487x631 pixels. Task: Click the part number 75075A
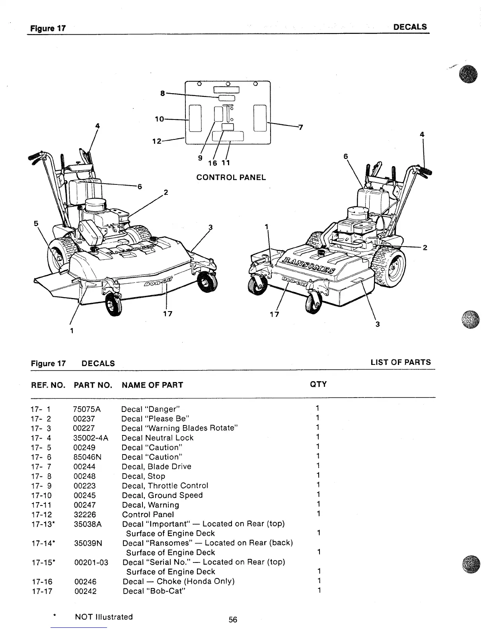click(x=87, y=409)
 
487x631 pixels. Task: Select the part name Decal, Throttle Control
click(x=165, y=486)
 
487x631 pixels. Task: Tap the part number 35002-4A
click(x=91, y=438)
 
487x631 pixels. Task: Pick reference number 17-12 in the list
click(x=41, y=514)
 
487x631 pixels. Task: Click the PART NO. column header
click(x=93, y=385)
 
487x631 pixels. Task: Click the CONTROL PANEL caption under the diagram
click(x=231, y=177)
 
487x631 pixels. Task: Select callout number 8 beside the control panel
click(x=162, y=93)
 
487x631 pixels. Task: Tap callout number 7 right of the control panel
click(x=301, y=127)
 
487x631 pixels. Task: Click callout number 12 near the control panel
click(x=157, y=141)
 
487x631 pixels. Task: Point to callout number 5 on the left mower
click(x=36, y=223)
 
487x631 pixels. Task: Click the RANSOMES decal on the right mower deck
click(x=309, y=265)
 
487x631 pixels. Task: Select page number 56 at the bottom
click(x=233, y=620)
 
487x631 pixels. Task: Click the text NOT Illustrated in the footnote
click(x=104, y=617)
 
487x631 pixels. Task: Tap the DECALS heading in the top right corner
click(x=410, y=27)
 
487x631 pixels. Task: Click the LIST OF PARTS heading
click(x=401, y=362)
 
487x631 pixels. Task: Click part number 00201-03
click(x=92, y=562)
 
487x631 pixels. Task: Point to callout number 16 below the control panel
click(x=212, y=163)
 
